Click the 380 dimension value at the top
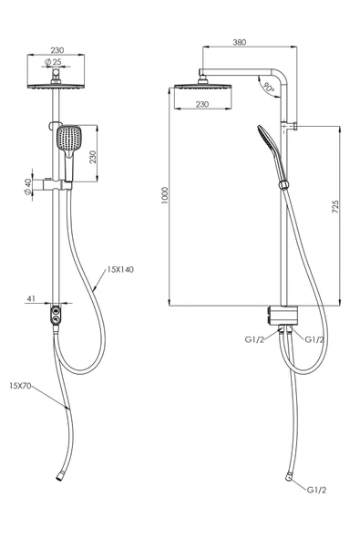[x=240, y=42]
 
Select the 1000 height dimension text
[x=165, y=195]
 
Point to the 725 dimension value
[x=335, y=207]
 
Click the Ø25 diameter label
[x=53, y=62]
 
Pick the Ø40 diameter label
[x=28, y=187]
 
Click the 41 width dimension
[x=31, y=299]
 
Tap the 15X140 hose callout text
[x=120, y=269]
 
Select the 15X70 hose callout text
[x=20, y=386]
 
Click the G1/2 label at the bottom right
[x=316, y=490]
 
